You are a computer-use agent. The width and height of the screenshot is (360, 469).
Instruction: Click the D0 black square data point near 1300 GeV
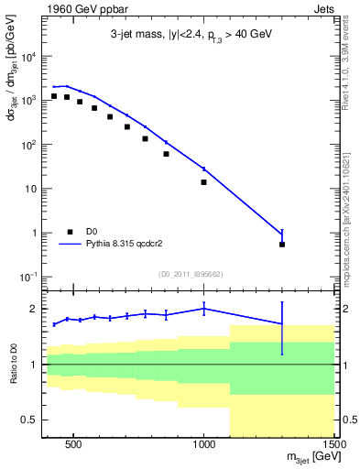point(282,245)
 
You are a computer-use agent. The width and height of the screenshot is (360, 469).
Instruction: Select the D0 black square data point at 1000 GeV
point(204,182)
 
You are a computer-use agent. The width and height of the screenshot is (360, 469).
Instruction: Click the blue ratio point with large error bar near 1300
point(282,324)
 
